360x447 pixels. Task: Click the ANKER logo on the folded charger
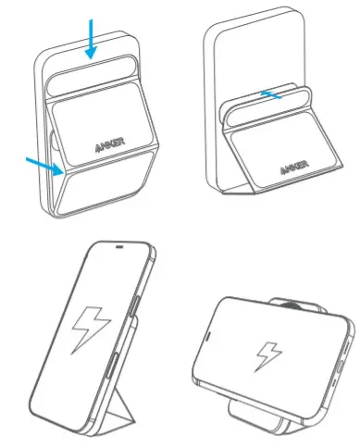click(110, 146)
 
